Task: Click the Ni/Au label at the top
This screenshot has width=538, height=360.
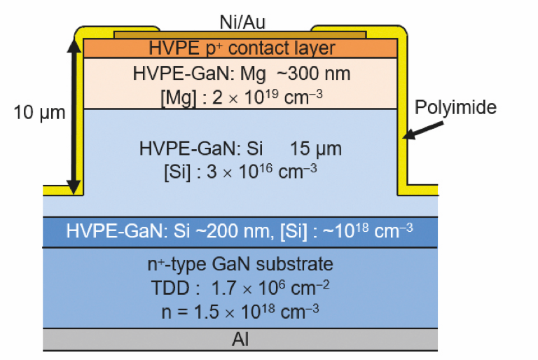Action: pyautogui.click(x=242, y=22)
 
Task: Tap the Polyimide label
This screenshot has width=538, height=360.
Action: pyautogui.click(x=455, y=108)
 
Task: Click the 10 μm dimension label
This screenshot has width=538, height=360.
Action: pyautogui.click(x=39, y=112)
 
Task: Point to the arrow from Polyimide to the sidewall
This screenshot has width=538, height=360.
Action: pyautogui.click(x=422, y=130)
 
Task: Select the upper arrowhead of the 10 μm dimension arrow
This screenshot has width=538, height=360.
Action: pyautogui.click(x=74, y=46)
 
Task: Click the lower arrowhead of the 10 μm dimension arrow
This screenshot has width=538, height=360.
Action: pyautogui.click(x=74, y=188)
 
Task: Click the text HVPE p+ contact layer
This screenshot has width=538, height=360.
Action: pyautogui.click(x=242, y=48)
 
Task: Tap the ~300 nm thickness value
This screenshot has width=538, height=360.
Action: pyautogui.click(x=313, y=74)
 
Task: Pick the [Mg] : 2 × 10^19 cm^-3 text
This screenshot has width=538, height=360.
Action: pyautogui.click(x=242, y=98)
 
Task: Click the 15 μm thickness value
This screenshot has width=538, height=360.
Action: pyautogui.click(x=316, y=149)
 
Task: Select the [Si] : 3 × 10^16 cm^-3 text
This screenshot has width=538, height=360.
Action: pyautogui.click(x=240, y=172)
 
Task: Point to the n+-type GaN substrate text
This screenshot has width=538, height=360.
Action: pyautogui.click(x=240, y=264)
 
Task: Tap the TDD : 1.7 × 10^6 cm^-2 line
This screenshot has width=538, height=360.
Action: pyautogui.click(x=240, y=288)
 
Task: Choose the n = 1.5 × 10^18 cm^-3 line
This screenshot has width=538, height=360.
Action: pyautogui.click(x=240, y=312)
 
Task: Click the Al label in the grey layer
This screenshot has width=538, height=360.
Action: pyautogui.click(x=240, y=340)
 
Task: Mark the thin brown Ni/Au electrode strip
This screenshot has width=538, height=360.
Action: pyautogui.click(x=240, y=35)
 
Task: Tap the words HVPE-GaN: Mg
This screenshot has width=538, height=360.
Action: pyautogui.click(x=200, y=74)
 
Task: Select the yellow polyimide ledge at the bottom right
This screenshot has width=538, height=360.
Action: pyautogui.click(x=418, y=190)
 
